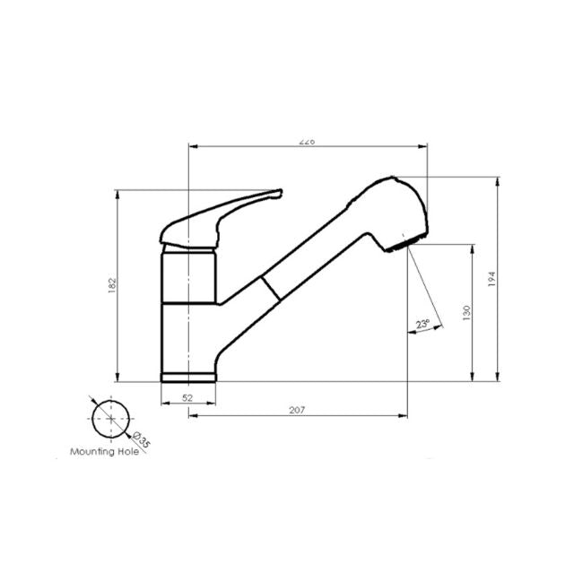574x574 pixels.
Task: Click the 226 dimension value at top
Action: click(308, 141)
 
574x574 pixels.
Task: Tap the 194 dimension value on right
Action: click(491, 279)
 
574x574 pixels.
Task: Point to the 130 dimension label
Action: click(466, 312)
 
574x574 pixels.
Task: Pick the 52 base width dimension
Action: click(188, 396)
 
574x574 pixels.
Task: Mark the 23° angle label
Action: click(422, 324)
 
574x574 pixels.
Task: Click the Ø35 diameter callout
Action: click(139, 437)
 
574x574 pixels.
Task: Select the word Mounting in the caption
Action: click(93, 453)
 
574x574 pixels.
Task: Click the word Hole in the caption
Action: click(129, 453)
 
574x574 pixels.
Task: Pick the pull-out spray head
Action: click(390, 211)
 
